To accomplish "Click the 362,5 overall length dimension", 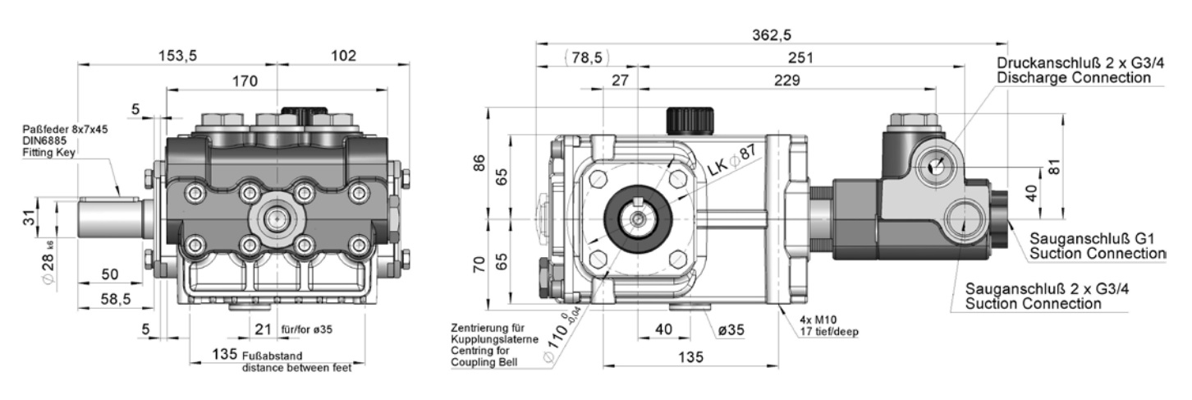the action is click(x=771, y=34).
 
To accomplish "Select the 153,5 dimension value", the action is click(x=178, y=55).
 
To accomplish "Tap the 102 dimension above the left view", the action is click(x=343, y=55).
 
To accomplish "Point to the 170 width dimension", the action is click(x=245, y=81).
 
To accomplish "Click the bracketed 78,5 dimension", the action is click(x=587, y=57).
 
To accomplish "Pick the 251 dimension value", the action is click(x=800, y=57).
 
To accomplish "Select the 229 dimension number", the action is click(x=787, y=80).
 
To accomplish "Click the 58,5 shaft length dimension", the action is click(x=116, y=299).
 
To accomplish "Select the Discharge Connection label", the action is click(x=1074, y=78).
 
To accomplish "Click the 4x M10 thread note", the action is click(x=818, y=320).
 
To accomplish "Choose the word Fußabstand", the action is click(x=272, y=356).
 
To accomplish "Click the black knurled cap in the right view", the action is click(x=690, y=121).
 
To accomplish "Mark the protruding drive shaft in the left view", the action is click(x=111, y=218).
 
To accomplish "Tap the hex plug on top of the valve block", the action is click(x=913, y=122).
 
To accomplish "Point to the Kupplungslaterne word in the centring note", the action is click(x=494, y=339).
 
